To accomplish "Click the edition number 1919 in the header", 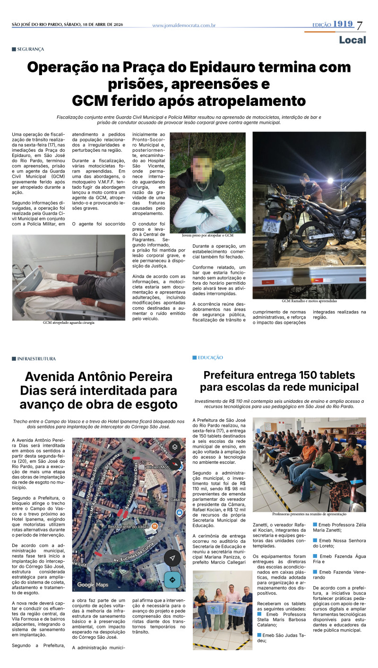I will (343, 24).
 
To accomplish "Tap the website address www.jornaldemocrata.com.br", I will (184, 26).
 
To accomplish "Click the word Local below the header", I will (352, 40).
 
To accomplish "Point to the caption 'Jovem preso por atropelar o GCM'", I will (207, 235).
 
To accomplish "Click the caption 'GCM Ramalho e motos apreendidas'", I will (309, 301).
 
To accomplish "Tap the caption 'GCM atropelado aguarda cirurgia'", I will (69, 322).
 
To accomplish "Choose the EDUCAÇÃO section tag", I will (210, 358).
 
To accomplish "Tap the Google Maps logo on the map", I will (93, 585).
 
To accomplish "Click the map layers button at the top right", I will (174, 447).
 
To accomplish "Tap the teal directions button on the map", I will (172, 580).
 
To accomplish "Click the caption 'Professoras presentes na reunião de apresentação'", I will (309, 514).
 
